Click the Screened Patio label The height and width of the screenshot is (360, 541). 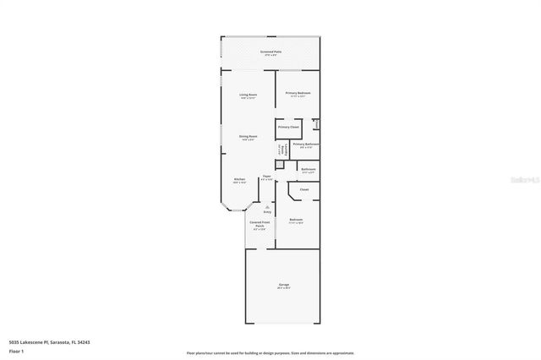[271, 52]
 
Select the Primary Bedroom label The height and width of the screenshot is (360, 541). [298, 93]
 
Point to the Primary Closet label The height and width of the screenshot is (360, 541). [289, 127]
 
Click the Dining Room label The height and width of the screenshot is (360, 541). [248, 136]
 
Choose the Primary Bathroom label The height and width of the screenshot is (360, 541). [305, 145]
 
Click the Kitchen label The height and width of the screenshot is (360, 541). [240, 179]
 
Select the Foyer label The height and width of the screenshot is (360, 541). [266, 177]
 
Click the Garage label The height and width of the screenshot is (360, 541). [283, 285]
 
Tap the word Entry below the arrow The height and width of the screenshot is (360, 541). [267, 213]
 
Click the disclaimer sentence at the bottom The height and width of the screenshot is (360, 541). [270, 352]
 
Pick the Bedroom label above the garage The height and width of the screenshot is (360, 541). [296, 220]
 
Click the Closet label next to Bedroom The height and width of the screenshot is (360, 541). [303, 189]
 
